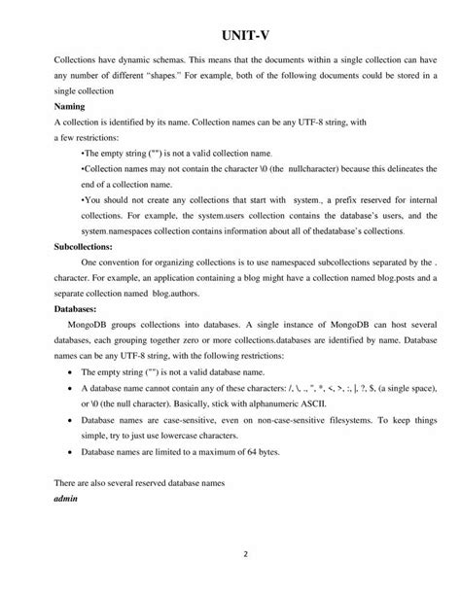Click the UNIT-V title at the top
230,31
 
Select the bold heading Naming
69,105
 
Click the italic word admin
65,498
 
